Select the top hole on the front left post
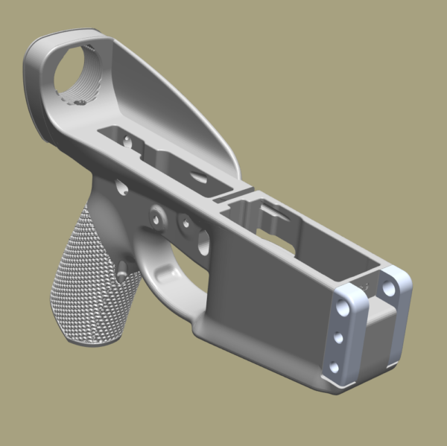tap(343, 306)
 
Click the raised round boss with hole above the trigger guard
tap(156, 217)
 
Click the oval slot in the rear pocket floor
tap(197, 176)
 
